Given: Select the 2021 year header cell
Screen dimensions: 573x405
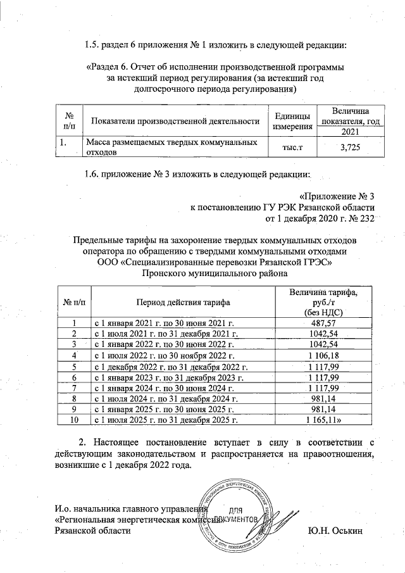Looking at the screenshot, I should click(351, 132).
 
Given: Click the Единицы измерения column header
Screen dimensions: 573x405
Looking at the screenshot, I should click(292, 122).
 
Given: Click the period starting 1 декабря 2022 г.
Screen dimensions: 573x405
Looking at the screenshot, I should click(170, 366).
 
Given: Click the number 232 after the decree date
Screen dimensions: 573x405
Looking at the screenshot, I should click(366, 218).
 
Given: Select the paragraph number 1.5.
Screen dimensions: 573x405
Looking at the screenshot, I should click(93, 44).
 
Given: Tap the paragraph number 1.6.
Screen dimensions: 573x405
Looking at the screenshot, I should click(93, 173).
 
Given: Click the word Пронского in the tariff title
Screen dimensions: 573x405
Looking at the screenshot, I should click(167, 274).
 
